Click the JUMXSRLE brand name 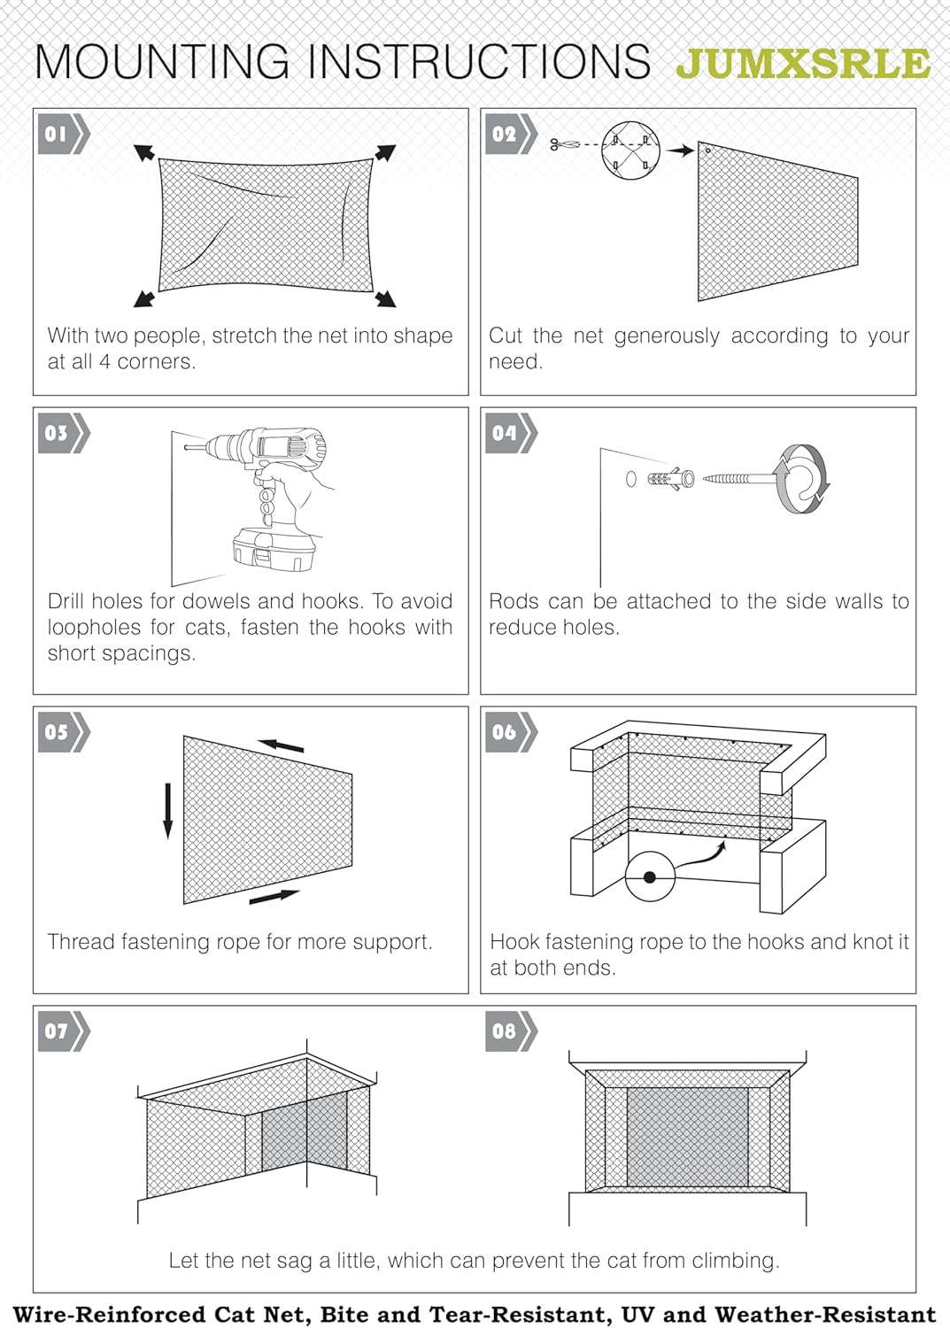pyautogui.click(x=802, y=64)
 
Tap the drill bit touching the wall pyautogui.click(x=194, y=448)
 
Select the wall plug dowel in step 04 pyautogui.click(x=670, y=479)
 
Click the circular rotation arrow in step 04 pyautogui.click(x=802, y=480)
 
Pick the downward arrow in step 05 pyautogui.click(x=167, y=810)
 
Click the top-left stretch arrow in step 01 pyautogui.click(x=143, y=152)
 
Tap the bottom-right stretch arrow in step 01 pyautogui.click(x=385, y=298)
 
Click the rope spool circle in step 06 pyautogui.click(x=650, y=876)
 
